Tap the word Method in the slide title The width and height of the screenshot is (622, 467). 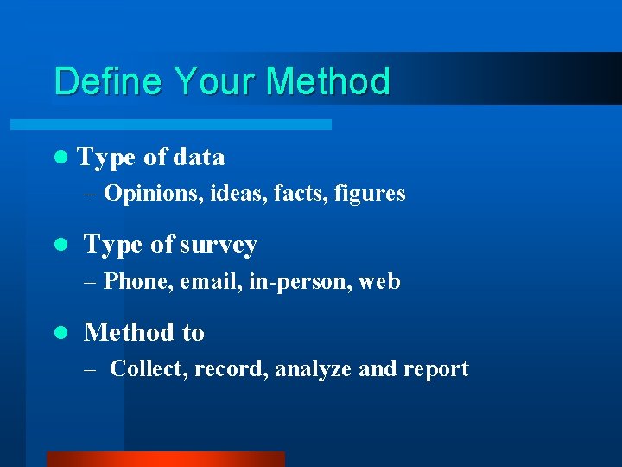pyautogui.click(x=328, y=82)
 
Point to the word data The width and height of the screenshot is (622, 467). pyautogui.click(x=200, y=157)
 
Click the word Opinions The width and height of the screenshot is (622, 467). pyautogui.click(x=153, y=194)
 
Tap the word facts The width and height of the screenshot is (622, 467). pyautogui.click(x=297, y=194)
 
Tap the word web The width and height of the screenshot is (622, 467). pyautogui.click(x=379, y=282)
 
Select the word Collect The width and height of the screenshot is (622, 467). pyautogui.click(x=149, y=369)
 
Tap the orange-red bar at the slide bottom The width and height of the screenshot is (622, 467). pyautogui.click(x=165, y=459)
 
